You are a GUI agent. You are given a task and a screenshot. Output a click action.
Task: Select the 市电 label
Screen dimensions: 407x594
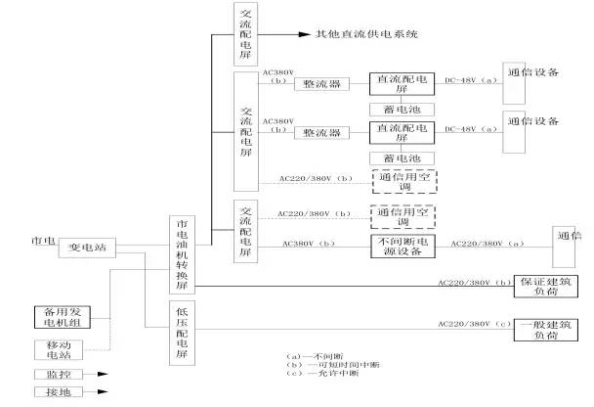(x=43, y=241)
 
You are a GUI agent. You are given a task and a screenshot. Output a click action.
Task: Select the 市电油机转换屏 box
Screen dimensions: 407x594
(x=184, y=253)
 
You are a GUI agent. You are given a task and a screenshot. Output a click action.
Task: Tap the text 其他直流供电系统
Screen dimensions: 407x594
(x=366, y=34)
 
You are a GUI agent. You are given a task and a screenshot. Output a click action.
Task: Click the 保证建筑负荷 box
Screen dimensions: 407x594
(x=543, y=285)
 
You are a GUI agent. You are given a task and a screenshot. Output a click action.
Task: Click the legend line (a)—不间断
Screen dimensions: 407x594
(x=307, y=354)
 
